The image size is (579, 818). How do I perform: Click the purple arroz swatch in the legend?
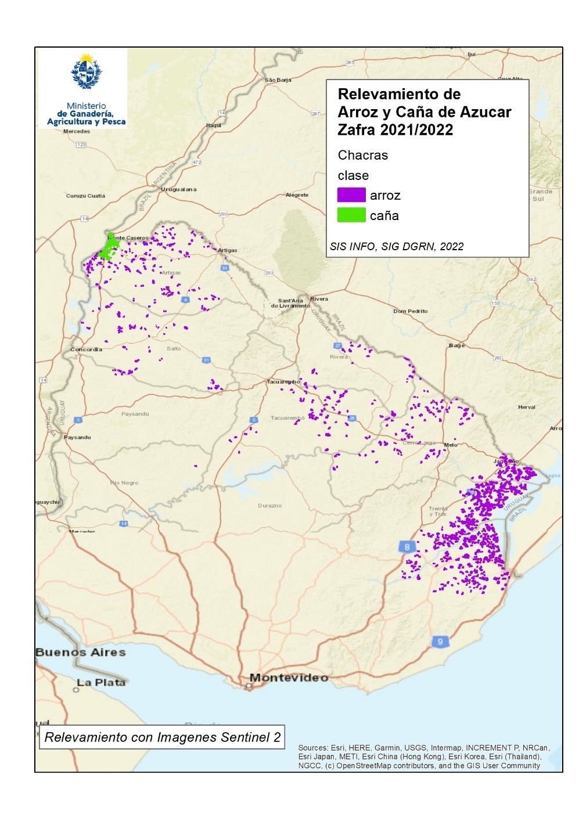click(351, 195)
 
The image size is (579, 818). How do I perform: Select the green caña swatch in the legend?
click(351, 215)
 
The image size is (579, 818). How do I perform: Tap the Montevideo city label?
click(289, 678)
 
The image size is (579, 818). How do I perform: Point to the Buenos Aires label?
click(81, 652)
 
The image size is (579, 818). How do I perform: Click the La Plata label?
click(101, 682)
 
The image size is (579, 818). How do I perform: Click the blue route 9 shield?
click(440, 642)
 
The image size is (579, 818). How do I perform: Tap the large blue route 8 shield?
click(407, 546)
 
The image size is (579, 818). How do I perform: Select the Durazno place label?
click(269, 506)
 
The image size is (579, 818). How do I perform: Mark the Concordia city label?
click(86, 349)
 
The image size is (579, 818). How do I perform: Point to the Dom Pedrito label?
click(410, 311)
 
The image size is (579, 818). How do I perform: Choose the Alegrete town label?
click(297, 195)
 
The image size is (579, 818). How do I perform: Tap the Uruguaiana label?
click(178, 189)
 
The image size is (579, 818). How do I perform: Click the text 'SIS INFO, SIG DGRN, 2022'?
click(397, 246)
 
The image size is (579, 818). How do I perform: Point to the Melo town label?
click(451, 445)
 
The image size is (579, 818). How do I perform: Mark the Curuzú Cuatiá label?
click(85, 196)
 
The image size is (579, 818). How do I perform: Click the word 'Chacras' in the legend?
click(362, 155)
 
